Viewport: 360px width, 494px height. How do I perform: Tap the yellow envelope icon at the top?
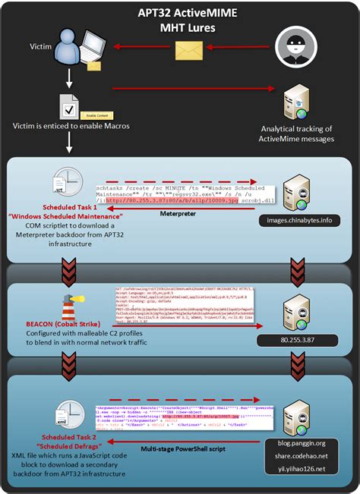point(186,50)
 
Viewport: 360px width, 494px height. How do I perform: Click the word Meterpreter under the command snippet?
point(178,213)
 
